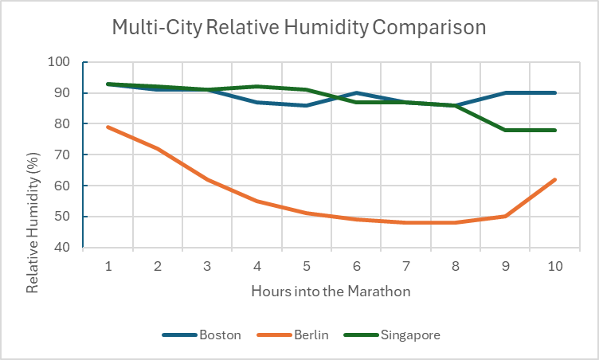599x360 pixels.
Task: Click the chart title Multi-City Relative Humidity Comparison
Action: coord(299,28)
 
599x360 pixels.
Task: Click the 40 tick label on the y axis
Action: coord(64,248)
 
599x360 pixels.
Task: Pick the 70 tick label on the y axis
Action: coord(64,155)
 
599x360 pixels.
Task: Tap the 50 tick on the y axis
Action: coord(64,217)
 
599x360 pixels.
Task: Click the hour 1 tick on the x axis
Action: coord(108,266)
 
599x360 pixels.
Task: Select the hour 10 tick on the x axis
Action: coord(554,266)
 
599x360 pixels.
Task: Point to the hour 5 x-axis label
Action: coord(307,266)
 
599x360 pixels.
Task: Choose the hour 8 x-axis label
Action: coord(456,266)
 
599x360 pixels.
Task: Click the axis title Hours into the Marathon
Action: coord(331,292)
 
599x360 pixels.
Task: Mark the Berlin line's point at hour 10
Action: coord(554,180)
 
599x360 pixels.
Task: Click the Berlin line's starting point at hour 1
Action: coord(108,127)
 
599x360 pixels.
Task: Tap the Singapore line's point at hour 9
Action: coord(505,130)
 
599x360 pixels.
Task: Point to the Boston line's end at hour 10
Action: coord(554,93)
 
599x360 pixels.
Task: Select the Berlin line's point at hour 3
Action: coord(207,180)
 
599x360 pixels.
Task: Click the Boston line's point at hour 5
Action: coord(307,105)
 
